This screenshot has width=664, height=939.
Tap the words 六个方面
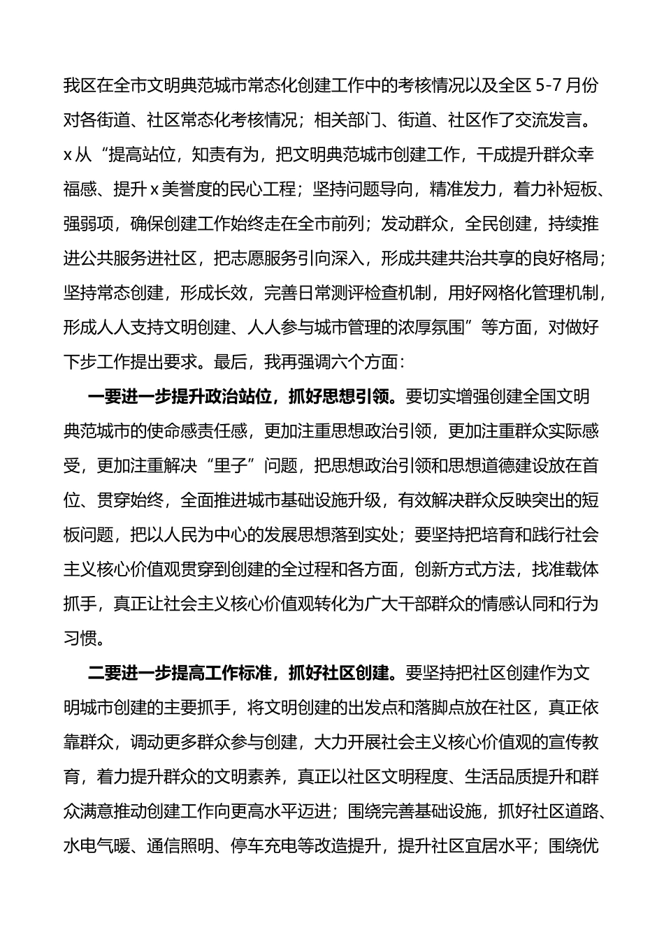pos(363,362)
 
